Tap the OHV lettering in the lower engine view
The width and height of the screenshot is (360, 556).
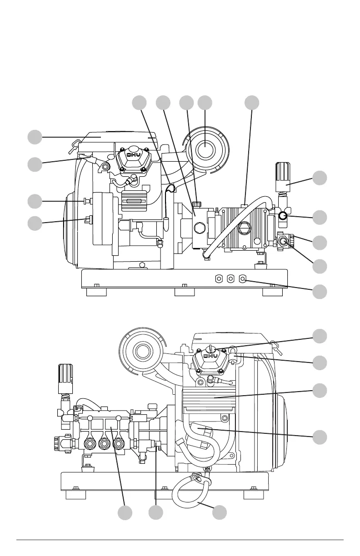point(211,356)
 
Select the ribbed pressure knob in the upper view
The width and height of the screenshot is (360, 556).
point(283,177)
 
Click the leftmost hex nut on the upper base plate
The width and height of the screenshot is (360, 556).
point(219,279)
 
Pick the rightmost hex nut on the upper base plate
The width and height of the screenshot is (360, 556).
point(242,279)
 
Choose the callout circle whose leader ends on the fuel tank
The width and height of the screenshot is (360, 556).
point(35,137)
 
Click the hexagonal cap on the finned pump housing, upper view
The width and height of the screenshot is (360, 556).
point(245,228)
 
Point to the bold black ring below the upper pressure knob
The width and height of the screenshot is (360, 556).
point(283,216)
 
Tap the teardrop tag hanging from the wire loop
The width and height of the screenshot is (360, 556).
point(166,220)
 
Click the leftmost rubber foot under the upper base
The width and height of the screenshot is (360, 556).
point(96,292)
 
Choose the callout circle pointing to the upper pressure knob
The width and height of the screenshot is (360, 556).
point(320,178)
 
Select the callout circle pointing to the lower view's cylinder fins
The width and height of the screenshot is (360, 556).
point(320,391)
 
